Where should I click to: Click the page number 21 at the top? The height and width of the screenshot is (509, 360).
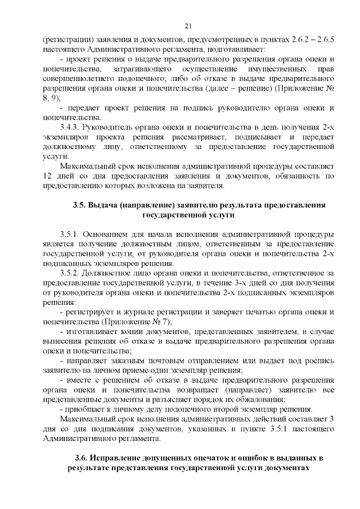tap(188, 25)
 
